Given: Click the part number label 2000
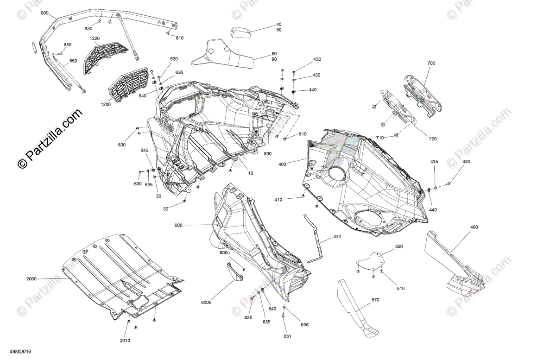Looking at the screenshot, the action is click(x=32, y=279).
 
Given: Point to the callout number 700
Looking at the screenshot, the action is click(x=431, y=63).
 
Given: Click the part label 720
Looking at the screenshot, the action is click(x=432, y=139).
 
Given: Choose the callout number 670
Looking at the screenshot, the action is click(x=375, y=300).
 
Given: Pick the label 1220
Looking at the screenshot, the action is click(x=95, y=38).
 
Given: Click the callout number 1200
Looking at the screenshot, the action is click(x=105, y=104).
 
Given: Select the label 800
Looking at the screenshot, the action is click(x=45, y=13).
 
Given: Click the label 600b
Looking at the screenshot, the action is click(x=206, y=302).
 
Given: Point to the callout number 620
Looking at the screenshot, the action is click(x=337, y=237).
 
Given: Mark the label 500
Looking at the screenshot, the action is click(x=399, y=247).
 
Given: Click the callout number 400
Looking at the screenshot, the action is click(x=282, y=164).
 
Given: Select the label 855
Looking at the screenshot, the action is click(x=68, y=45).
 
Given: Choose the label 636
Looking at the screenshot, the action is click(x=304, y=325).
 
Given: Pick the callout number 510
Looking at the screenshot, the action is click(x=400, y=288).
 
